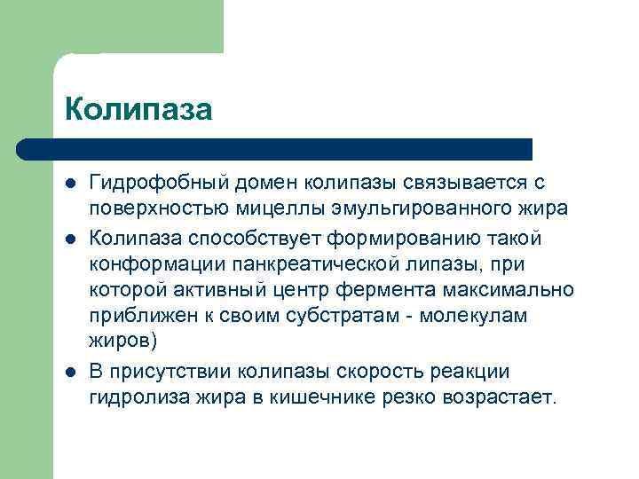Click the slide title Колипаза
tap(138, 110)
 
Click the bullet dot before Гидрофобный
tap(70, 183)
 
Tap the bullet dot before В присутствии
tap(70, 371)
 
